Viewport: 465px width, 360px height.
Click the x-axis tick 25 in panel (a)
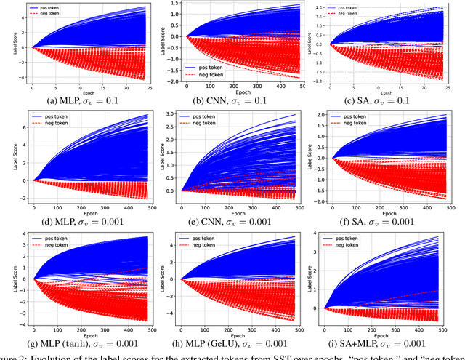[x=144, y=87]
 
